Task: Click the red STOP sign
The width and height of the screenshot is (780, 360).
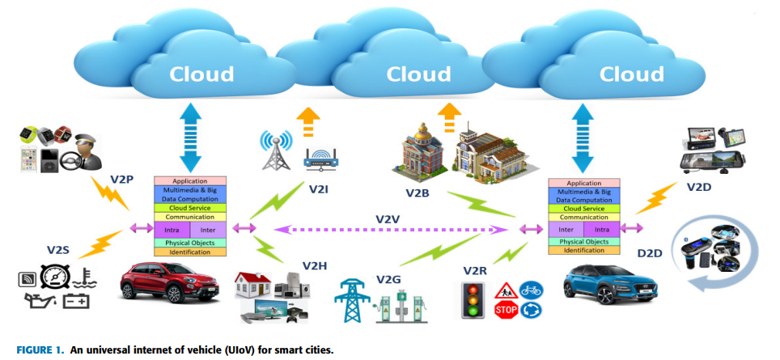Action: click(506, 310)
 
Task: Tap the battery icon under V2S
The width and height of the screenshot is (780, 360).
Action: click(74, 303)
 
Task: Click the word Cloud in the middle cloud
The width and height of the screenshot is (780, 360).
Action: click(418, 75)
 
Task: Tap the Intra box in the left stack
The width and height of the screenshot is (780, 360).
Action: click(171, 230)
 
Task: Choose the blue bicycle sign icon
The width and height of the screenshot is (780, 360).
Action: click(532, 290)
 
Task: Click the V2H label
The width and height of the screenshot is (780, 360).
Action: click(315, 265)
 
